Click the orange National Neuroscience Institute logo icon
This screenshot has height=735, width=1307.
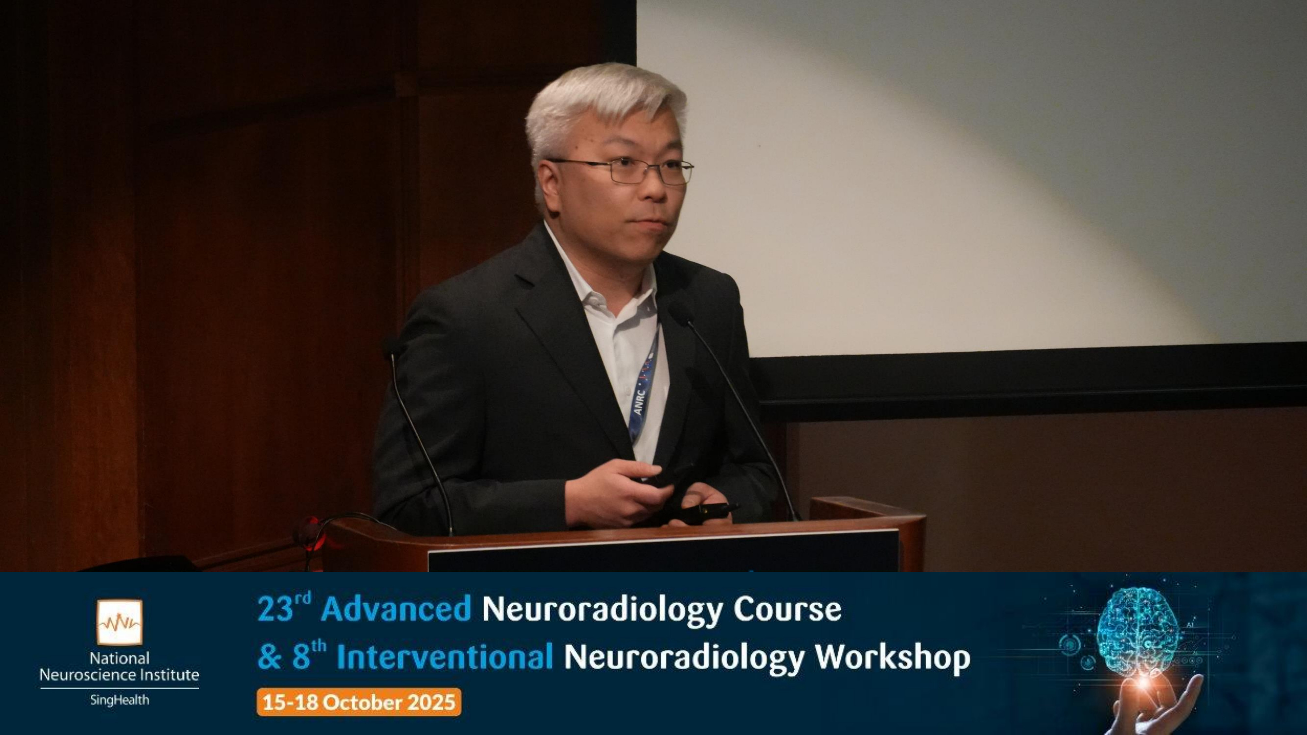(x=120, y=622)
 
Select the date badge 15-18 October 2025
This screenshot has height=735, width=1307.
(x=359, y=702)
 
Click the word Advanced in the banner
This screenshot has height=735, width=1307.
(x=396, y=609)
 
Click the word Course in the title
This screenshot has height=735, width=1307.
(x=787, y=609)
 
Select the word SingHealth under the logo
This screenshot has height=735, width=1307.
(x=120, y=700)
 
